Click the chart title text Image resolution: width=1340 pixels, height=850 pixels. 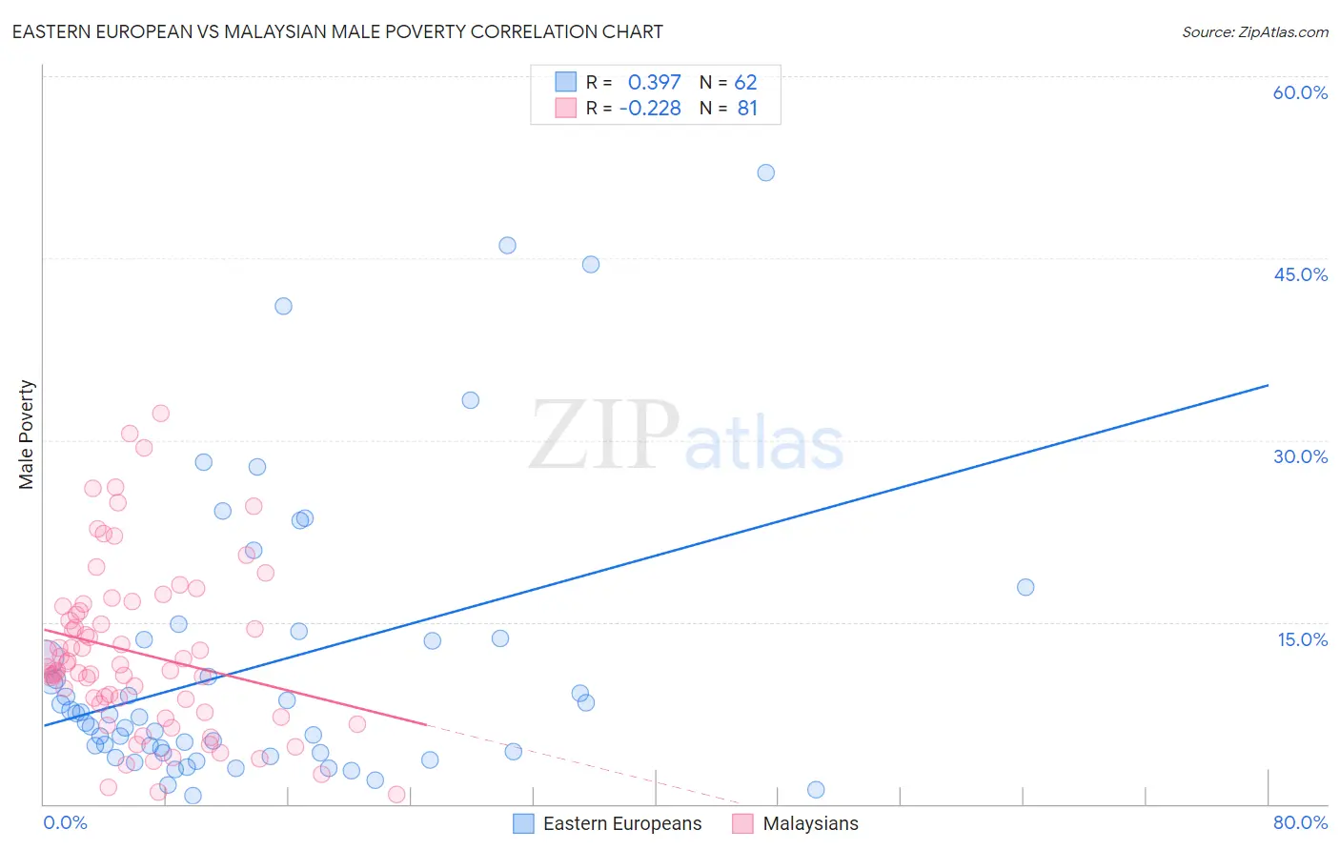click(x=337, y=31)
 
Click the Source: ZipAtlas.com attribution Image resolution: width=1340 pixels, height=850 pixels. click(x=1254, y=32)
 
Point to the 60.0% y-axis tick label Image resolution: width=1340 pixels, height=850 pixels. click(x=1300, y=92)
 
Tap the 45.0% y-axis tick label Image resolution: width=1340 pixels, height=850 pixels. click(x=1300, y=274)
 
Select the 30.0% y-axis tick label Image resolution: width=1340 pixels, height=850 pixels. click(x=1300, y=456)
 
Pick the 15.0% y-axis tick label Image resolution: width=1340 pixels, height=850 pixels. click(x=1302, y=639)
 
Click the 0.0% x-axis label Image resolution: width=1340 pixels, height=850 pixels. click(x=65, y=822)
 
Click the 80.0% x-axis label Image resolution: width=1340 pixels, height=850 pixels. click(x=1300, y=822)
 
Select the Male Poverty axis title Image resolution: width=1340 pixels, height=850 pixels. click(x=27, y=435)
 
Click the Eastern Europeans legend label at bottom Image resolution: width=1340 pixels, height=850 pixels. click(x=622, y=823)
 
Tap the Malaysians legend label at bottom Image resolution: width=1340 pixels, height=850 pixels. click(x=810, y=823)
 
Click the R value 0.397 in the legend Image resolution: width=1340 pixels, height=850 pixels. click(x=654, y=83)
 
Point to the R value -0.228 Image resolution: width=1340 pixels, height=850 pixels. click(x=650, y=109)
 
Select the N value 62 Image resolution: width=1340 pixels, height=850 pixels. click(x=745, y=83)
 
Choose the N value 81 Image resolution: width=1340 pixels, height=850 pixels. click(x=747, y=109)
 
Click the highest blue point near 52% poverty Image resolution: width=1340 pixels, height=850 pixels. click(x=765, y=172)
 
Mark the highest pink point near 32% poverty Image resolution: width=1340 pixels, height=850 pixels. click(x=160, y=414)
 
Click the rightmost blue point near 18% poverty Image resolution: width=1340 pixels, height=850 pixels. click(x=1025, y=587)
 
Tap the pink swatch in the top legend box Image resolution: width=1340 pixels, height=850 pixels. click(x=566, y=108)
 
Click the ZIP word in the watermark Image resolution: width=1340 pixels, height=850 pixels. click(x=603, y=436)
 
